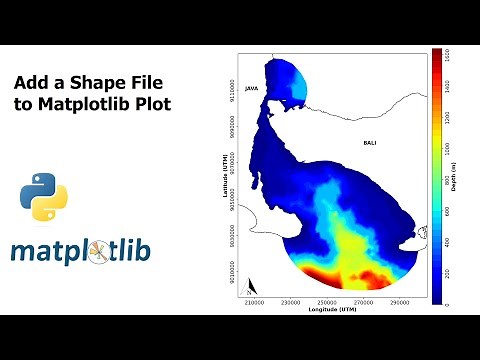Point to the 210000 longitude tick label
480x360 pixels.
pos(255,301)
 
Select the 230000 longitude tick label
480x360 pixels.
pos(292,301)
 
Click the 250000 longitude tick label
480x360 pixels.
pos(328,301)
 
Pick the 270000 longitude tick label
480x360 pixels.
pos(364,301)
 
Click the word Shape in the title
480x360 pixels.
pos(107,82)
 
